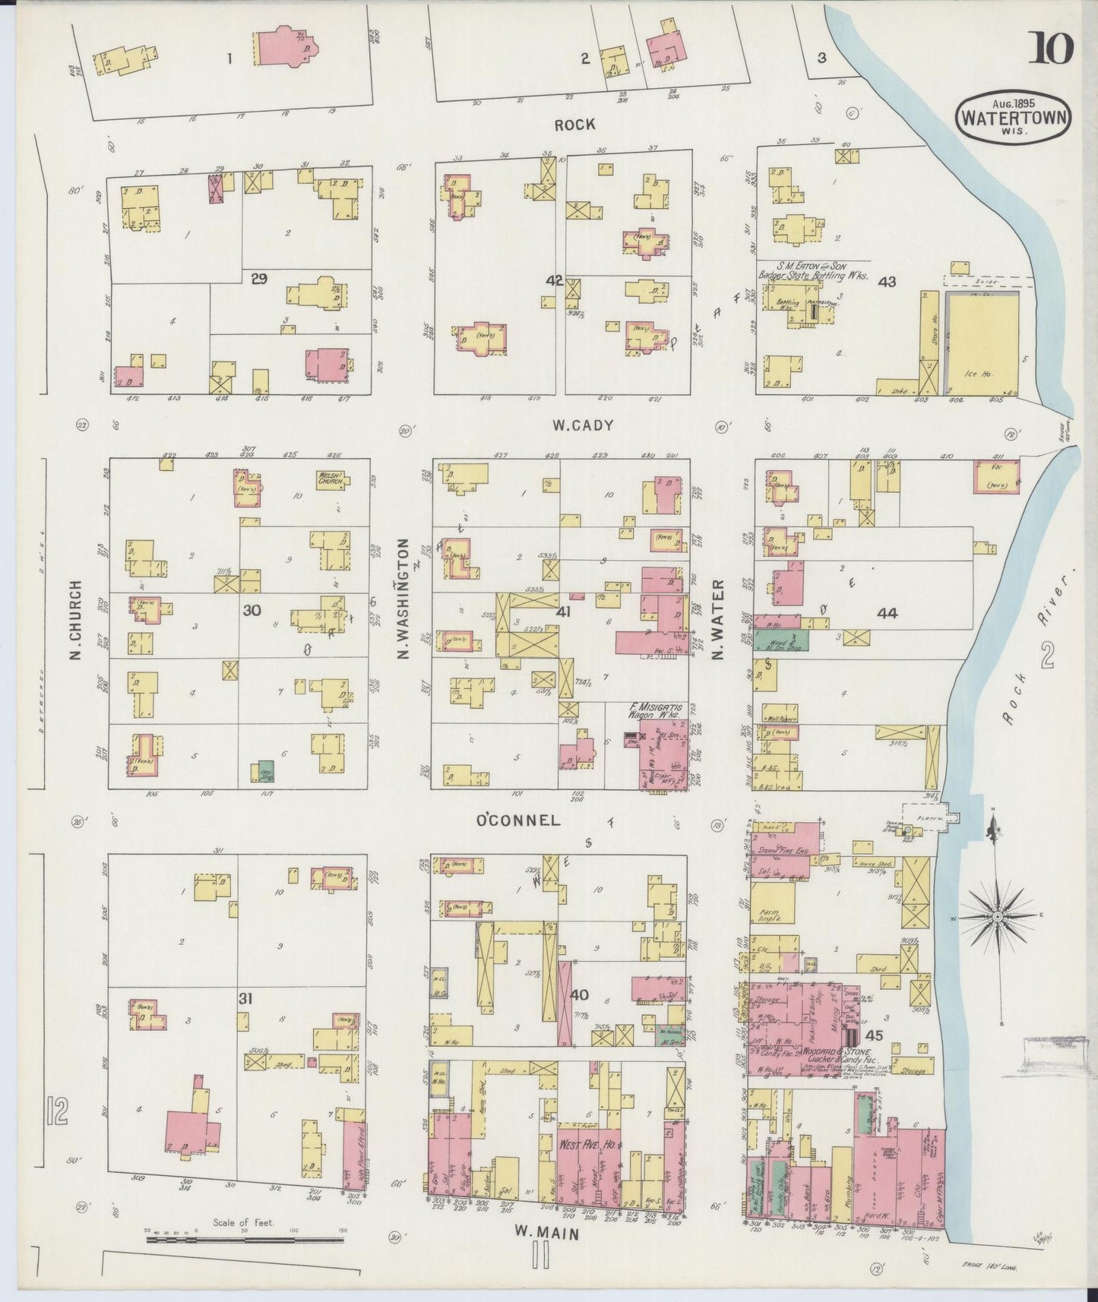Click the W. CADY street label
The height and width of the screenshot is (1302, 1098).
(584, 426)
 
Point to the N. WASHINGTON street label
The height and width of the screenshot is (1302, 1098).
(403, 598)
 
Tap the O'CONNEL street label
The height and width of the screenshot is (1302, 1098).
(517, 820)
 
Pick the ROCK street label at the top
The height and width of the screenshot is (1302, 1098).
(574, 125)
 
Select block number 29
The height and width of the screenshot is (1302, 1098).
(259, 279)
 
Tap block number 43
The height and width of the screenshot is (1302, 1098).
(886, 281)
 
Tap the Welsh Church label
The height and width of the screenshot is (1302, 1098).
(331, 479)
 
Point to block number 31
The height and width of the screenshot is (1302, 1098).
(245, 999)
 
